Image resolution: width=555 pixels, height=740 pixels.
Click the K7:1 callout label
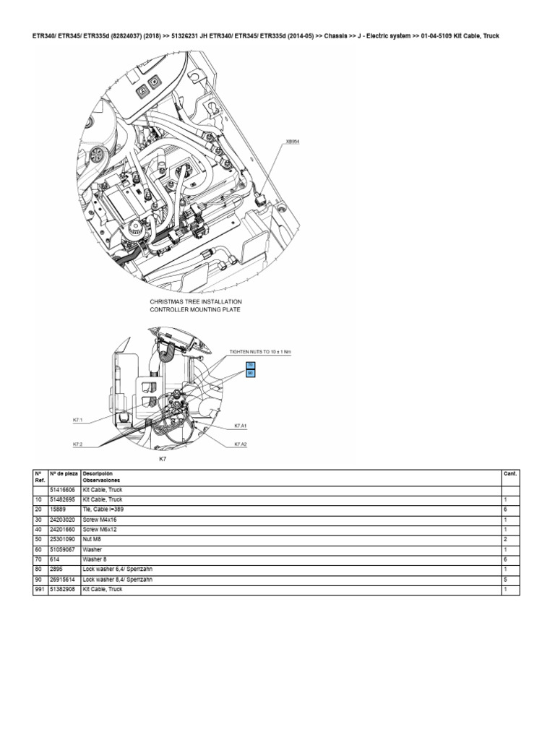point(78,419)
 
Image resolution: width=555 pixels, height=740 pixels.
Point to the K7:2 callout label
point(78,444)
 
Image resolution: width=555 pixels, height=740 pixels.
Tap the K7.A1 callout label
point(241,426)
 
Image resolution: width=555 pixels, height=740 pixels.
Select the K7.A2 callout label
point(241,444)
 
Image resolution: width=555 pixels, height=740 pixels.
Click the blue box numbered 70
point(250,366)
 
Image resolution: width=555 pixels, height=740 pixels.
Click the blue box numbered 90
point(250,374)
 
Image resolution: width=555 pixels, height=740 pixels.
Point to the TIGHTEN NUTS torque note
point(259,351)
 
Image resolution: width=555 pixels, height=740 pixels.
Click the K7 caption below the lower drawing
point(163,459)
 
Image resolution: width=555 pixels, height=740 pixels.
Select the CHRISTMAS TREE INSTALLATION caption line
point(196,301)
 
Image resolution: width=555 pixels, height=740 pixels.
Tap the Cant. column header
point(509,473)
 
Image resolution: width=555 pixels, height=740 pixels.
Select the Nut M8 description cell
point(94,538)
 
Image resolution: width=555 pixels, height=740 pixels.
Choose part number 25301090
point(61,538)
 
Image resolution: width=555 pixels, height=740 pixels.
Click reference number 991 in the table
point(40,589)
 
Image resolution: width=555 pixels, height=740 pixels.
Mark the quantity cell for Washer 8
point(505,559)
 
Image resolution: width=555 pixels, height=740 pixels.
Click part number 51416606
point(61,489)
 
